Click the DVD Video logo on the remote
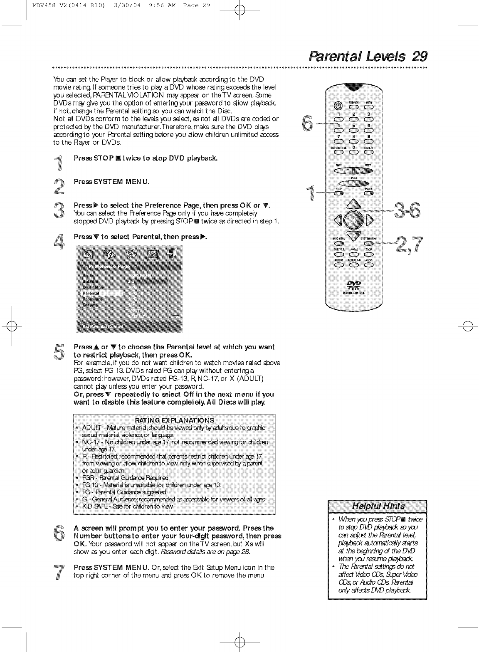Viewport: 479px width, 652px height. [354, 284]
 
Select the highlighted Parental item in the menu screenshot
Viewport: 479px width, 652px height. [102, 293]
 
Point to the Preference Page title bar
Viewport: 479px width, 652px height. [129, 266]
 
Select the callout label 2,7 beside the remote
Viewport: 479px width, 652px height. [409, 244]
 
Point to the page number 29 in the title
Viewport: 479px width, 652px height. [420, 56]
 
